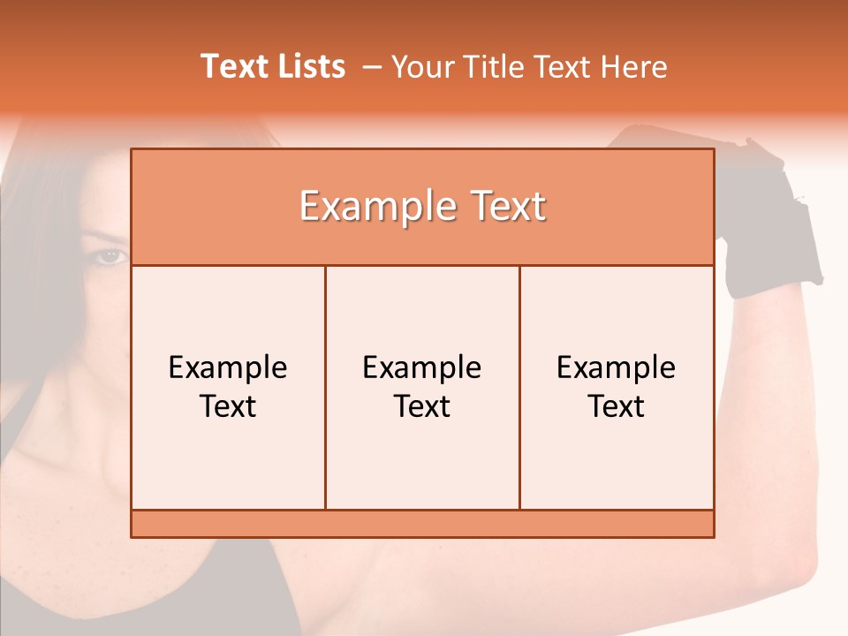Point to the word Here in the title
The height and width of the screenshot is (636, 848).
point(633,66)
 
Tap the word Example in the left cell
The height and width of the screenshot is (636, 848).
point(228,367)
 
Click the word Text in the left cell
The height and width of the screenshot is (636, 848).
point(228,406)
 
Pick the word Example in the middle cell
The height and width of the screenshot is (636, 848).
point(422,367)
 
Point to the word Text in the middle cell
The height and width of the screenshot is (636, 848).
point(422,406)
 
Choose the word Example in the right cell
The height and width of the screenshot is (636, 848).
point(617,367)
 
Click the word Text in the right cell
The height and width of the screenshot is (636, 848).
point(617,406)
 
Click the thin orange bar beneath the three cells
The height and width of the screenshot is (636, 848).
point(422,524)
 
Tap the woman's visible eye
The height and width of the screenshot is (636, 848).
point(110,256)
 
